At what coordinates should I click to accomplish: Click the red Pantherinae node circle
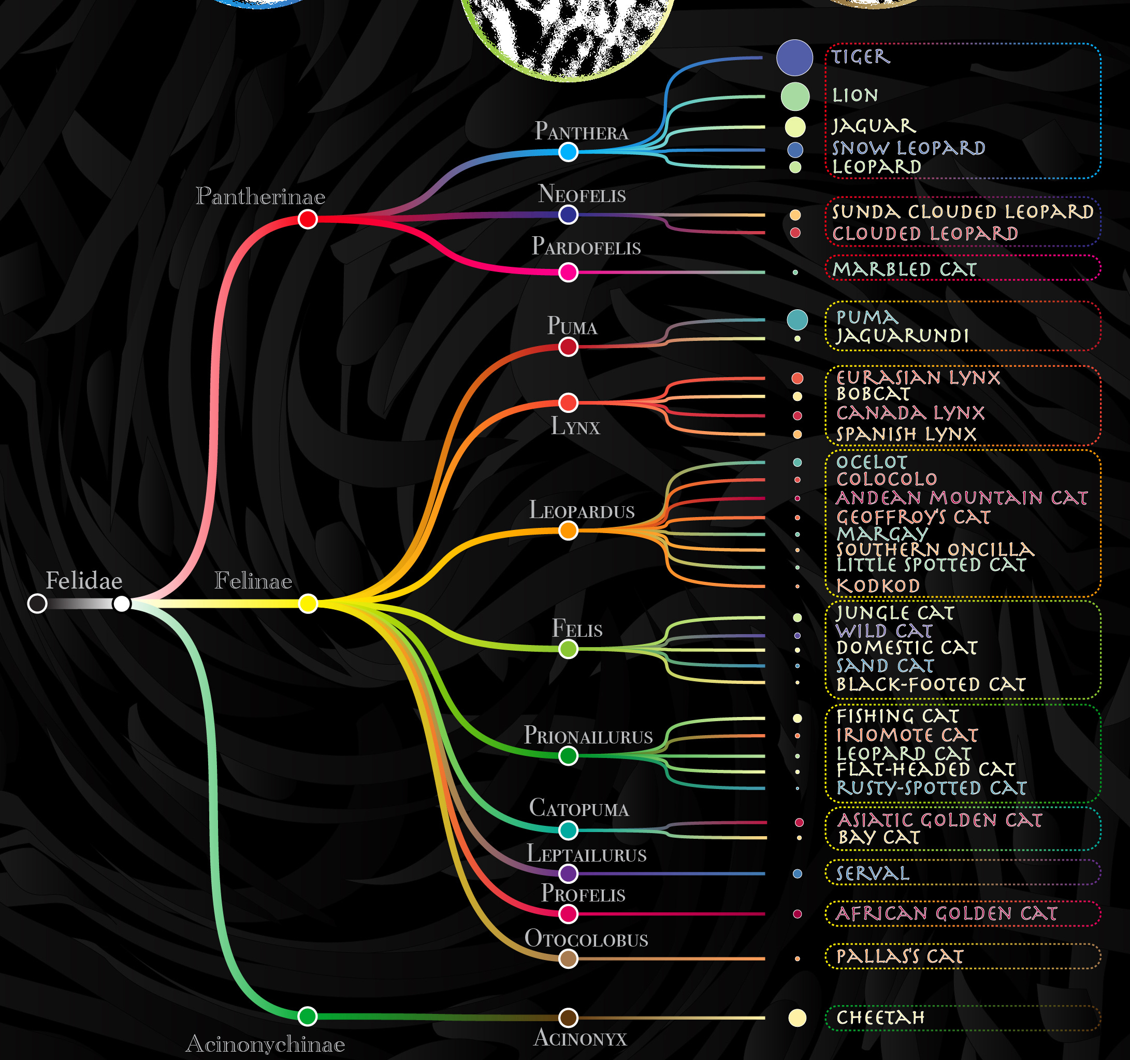(x=308, y=219)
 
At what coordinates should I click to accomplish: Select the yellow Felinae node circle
(x=308, y=604)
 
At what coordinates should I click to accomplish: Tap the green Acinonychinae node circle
(x=308, y=1015)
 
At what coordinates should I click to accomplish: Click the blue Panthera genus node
(x=568, y=152)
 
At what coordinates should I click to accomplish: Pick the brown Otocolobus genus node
(x=568, y=959)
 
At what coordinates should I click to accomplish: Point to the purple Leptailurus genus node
(x=568, y=873)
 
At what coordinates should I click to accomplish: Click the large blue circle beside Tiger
(x=794, y=58)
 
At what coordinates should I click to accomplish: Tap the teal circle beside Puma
(x=797, y=320)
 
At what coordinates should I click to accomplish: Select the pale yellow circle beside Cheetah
(x=797, y=1018)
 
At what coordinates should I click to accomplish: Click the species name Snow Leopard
(x=908, y=148)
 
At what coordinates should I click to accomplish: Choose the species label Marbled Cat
(x=904, y=269)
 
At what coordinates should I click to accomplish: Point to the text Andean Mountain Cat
(x=961, y=498)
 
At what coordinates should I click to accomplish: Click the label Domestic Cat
(x=907, y=648)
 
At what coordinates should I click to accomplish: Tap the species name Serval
(x=873, y=873)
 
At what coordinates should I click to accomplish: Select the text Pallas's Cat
(x=900, y=956)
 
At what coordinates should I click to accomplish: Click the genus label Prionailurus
(x=588, y=735)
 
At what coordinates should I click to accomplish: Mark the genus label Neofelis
(x=582, y=194)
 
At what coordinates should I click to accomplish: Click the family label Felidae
(x=84, y=581)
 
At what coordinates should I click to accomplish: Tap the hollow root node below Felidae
(x=37, y=604)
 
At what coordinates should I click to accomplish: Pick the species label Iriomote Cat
(x=907, y=735)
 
